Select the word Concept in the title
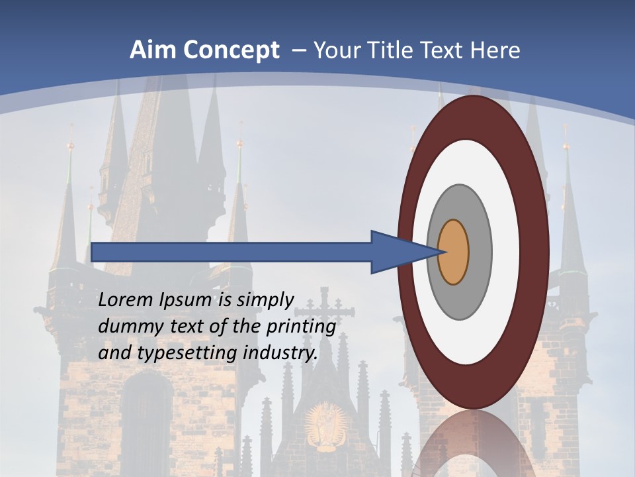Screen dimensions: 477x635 pyautogui.click(x=230, y=50)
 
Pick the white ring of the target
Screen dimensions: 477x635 pyautogui.click(x=506, y=252)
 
